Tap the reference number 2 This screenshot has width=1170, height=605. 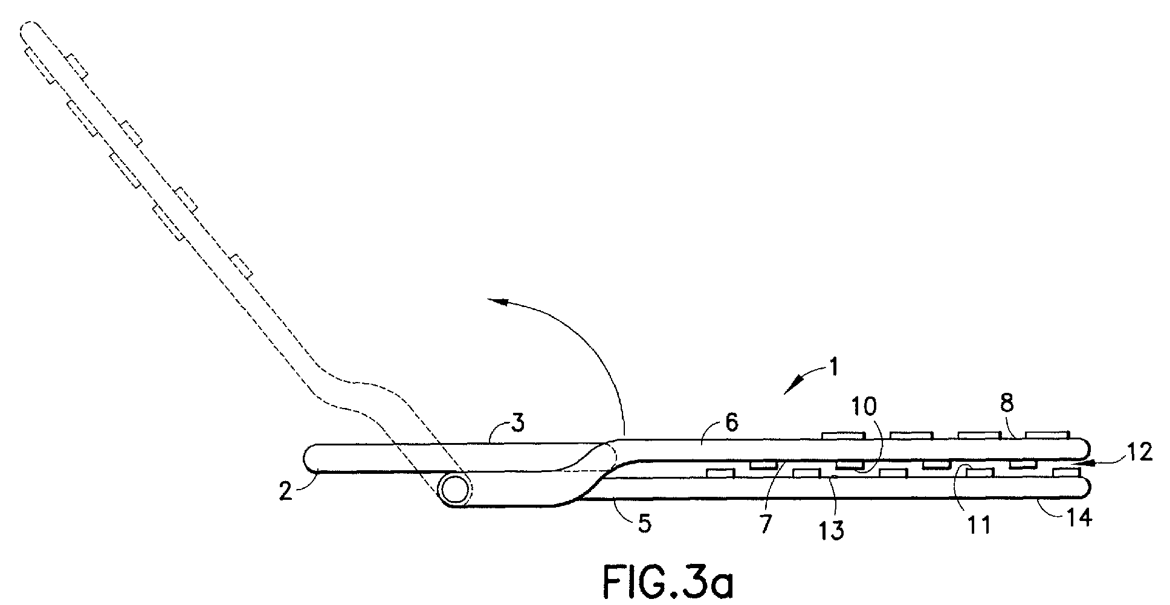[x=286, y=491]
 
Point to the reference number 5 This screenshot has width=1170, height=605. [x=645, y=523]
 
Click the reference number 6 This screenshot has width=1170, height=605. [x=732, y=422]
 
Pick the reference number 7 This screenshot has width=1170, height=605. [x=766, y=523]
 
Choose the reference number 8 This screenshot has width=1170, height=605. [x=1006, y=403]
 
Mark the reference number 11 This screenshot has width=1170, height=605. [x=978, y=525]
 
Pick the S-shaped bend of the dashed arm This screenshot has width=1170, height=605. [x=357, y=393]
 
